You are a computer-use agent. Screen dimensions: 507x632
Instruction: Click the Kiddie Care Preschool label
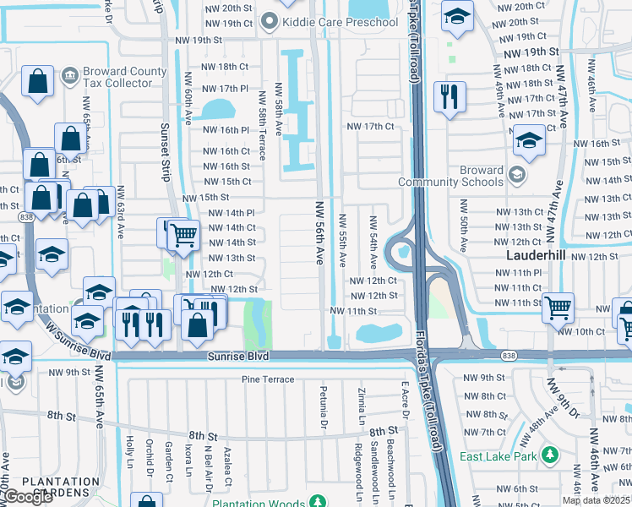340,21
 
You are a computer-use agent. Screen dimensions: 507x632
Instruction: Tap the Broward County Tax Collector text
118,78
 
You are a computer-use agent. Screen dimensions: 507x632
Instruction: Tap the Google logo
27,497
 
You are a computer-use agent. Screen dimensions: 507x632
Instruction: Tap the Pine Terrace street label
268,379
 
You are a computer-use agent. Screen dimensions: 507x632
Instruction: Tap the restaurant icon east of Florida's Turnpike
449,96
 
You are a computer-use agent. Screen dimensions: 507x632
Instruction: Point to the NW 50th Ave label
463,226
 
